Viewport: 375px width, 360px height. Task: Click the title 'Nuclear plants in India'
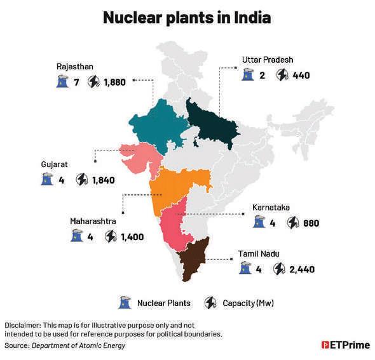(x=187, y=17)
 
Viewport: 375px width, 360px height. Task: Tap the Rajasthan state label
(x=74, y=65)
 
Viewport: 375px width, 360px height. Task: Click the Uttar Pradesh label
(x=268, y=59)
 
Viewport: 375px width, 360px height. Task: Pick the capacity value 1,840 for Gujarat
(x=103, y=180)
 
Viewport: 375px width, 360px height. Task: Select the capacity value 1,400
(x=132, y=237)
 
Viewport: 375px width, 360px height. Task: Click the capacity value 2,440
(x=302, y=269)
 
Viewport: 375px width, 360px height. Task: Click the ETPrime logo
(x=344, y=345)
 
